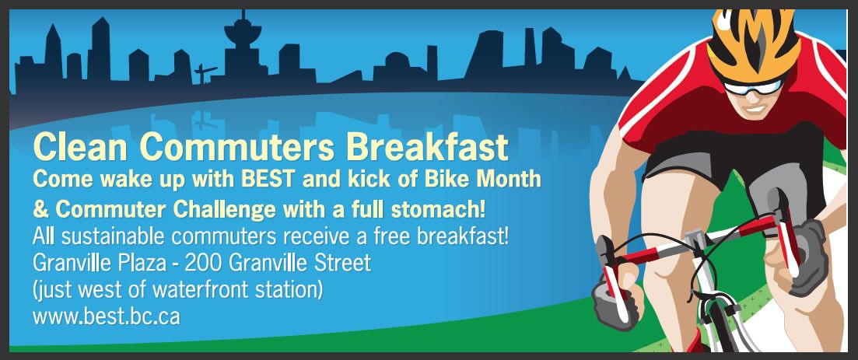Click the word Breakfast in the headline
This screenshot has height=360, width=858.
click(x=427, y=147)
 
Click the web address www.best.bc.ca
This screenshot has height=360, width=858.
click(x=106, y=316)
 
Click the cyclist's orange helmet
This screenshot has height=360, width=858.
click(x=753, y=42)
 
